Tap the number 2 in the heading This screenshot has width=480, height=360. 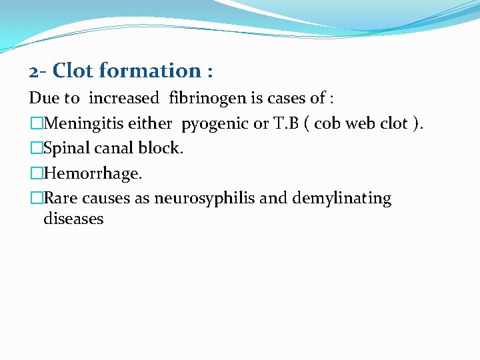tap(34, 71)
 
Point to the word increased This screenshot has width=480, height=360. tap(124, 99)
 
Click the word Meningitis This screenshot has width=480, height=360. tap(81, 123)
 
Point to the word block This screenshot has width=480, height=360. tap(162, 148)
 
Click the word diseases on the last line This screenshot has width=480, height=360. tap(73, 218)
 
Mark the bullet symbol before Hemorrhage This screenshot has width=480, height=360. tap(36, 173)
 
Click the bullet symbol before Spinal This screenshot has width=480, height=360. tap(36, 148)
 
